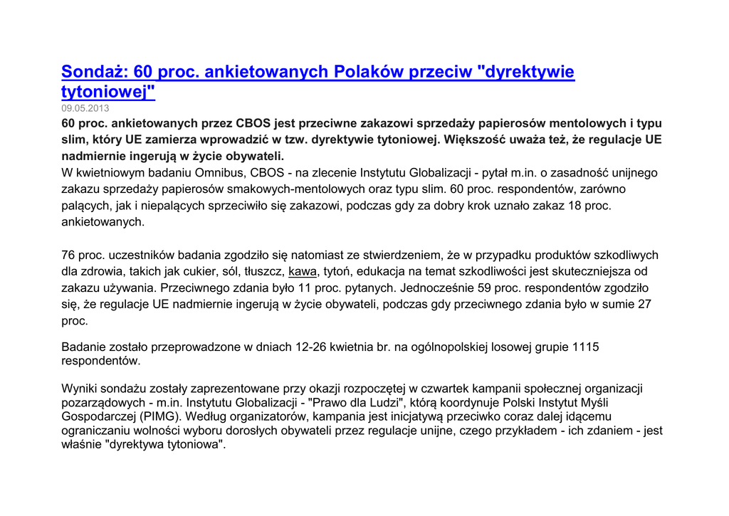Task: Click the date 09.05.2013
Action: (x=85, y=108)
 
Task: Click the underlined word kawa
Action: (x=303, y=271)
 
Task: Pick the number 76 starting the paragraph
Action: (x=68, y=255)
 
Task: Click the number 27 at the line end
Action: (x=644, y=304)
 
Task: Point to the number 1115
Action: (x=585, y=347)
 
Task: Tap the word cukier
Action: (x=196, y=271)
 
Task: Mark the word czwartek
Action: (x=441, y=388)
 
